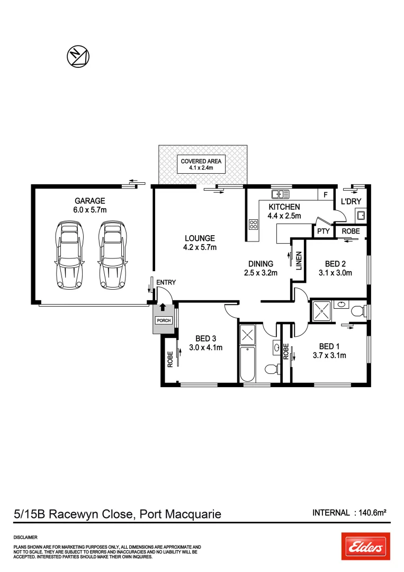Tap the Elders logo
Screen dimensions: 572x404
(365, 546)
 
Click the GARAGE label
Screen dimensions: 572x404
(89, 201)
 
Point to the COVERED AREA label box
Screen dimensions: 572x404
(201, 164)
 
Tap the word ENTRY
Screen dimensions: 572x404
(166, 282)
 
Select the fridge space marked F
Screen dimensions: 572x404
(326, 194)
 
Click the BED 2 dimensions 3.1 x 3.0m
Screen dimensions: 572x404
(332, 273)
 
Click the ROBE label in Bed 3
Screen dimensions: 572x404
(170, 360)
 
